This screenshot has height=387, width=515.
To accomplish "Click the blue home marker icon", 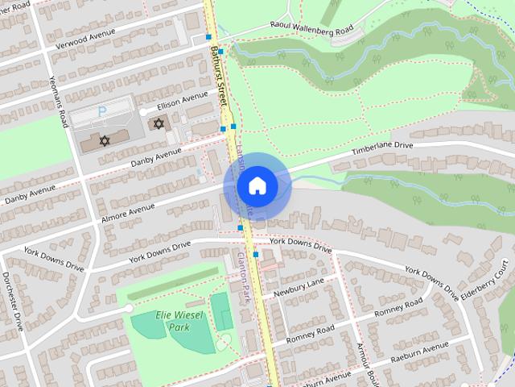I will pos(257,185).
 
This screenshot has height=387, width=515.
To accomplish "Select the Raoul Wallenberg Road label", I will pos(311,28).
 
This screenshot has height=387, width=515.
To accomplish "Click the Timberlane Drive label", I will pos(382,150).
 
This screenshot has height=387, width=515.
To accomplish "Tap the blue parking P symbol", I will pos(101,110).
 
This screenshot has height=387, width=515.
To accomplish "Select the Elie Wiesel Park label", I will pos(167,322).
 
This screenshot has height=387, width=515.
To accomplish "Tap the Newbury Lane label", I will pos(299,286).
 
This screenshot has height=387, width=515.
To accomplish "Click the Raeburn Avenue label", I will pos(419,353).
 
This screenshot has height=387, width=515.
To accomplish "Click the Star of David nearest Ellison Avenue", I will pos(158,123).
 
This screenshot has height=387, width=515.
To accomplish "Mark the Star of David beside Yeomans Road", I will pos(104,140).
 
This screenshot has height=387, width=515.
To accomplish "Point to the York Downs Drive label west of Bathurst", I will pos(161,251).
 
